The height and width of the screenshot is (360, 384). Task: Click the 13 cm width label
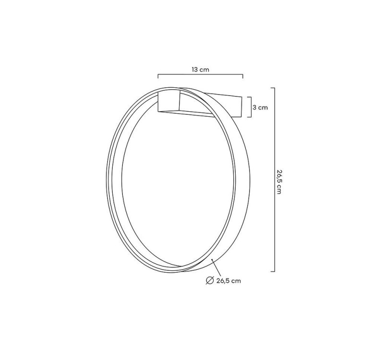200,70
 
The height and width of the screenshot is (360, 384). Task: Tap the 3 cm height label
260,108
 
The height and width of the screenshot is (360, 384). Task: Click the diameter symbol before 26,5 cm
209,281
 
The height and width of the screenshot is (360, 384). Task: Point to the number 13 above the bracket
195,70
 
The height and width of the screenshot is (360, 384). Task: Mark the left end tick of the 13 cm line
158,75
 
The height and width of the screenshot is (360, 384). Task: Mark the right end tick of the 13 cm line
243,75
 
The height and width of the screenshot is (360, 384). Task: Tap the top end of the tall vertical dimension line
274,88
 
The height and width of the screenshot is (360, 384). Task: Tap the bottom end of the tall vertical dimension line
274,271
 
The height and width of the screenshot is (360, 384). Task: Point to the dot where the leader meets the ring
213,260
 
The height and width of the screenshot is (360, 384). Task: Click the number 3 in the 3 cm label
255,108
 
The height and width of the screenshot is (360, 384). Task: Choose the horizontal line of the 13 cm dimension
201,75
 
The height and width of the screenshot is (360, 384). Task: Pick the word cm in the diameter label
236,281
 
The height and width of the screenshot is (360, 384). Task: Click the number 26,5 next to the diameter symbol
222,281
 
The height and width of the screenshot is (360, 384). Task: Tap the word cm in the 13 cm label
204,70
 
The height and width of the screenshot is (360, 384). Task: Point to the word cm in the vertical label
279,190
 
